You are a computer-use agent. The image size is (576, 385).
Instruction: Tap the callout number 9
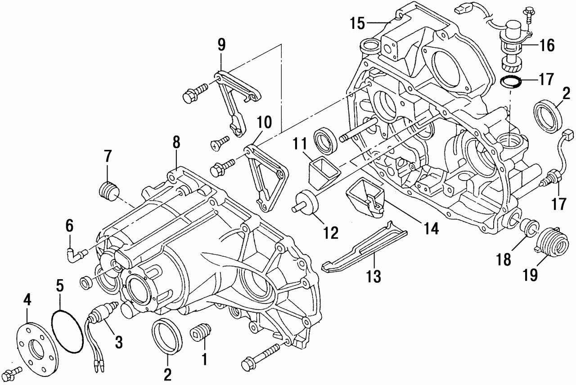coord(221,45)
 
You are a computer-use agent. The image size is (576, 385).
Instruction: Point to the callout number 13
coord(373,275)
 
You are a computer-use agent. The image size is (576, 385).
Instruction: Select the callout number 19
coord(531,274)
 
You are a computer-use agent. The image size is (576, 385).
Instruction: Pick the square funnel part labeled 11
coord(322,173)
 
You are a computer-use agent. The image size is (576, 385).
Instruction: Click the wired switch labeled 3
coord(100,315)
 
